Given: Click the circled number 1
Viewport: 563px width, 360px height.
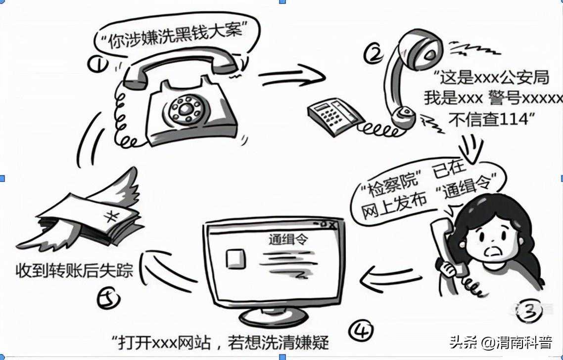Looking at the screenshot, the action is tap(97, 65).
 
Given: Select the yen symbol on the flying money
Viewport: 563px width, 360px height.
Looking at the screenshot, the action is tap(112, 217).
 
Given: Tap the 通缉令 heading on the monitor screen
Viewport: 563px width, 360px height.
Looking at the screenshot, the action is tap(288, 239).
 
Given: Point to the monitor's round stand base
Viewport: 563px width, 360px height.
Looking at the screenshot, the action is tap(274, 317).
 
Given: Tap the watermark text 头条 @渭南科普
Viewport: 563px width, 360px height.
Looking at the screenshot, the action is tap(501, 342).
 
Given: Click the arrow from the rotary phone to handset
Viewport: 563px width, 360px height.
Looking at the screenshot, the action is tap(291, 76).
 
